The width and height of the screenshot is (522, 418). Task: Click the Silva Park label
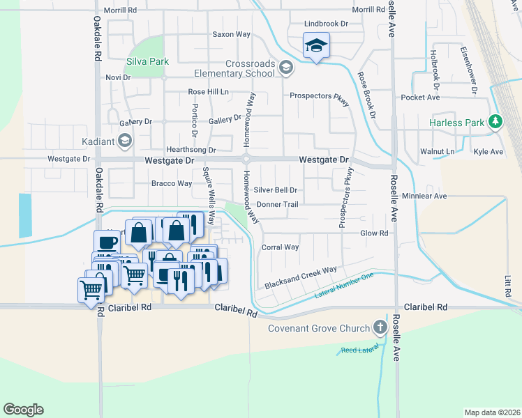[147, 62]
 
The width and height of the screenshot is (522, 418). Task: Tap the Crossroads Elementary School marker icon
[285, 68]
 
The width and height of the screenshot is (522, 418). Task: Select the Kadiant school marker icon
[124, 141]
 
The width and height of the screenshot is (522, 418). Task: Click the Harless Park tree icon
[495, 122]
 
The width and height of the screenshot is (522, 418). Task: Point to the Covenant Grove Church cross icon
[380, 327]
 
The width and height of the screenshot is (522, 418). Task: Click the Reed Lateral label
[360, 350]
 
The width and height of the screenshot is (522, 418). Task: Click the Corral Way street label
[280, 247]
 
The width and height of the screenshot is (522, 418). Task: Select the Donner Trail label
[278, 205]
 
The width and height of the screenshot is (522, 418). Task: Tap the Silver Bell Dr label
[276, 189]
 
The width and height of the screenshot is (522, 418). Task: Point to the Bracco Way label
[171, 184]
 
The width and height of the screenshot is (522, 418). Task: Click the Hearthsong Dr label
[191, 150]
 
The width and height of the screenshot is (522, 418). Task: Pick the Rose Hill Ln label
[208, 92]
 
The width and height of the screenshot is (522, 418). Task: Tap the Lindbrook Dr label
[326, 24]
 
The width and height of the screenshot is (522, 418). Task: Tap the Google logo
[23, 410]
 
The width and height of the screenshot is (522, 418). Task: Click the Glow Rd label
[373, 233]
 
